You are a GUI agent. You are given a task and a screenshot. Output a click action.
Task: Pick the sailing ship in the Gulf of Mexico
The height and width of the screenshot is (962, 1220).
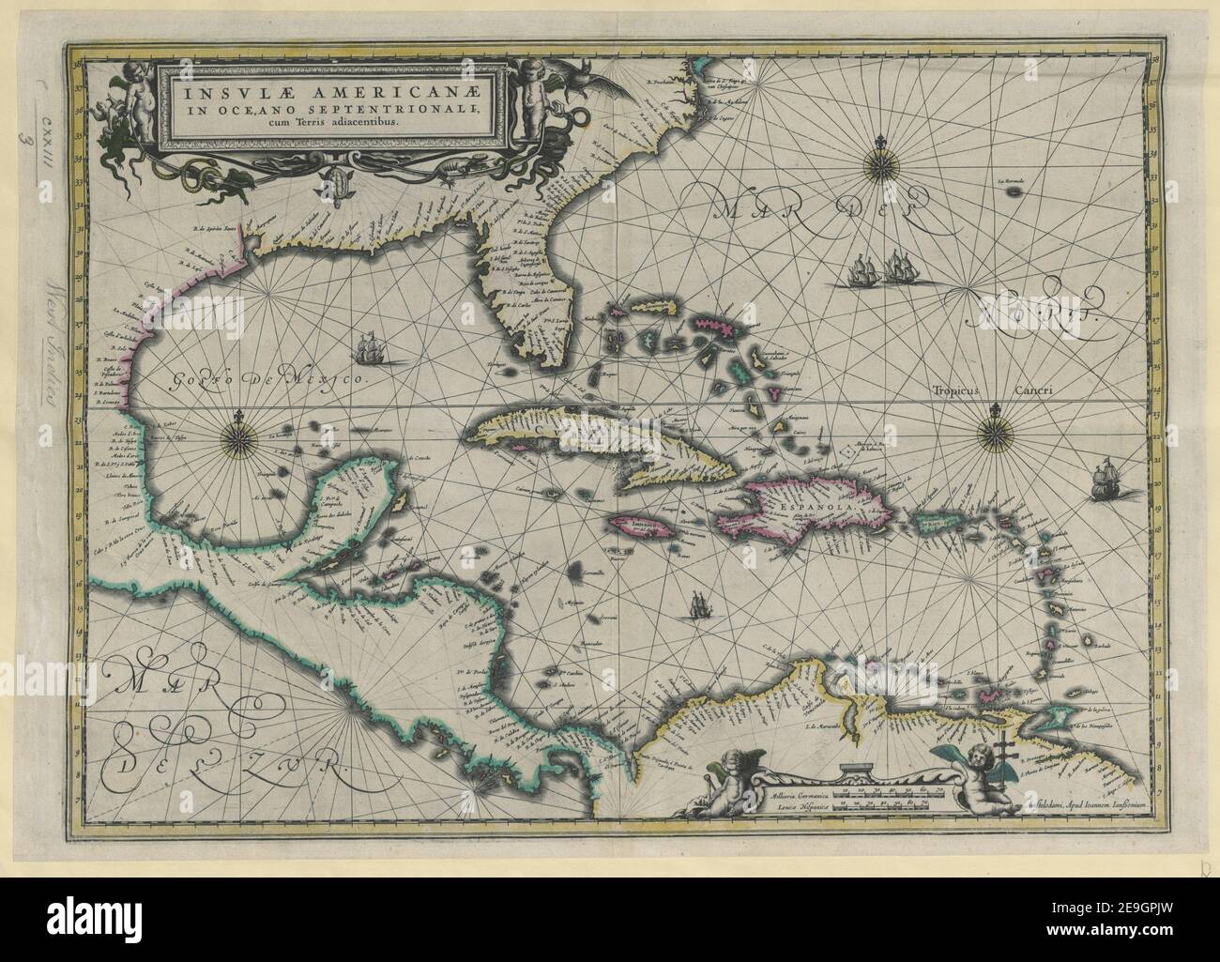(x=371, y=349)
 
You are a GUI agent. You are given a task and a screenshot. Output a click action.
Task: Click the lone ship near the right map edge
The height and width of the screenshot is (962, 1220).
(x=1106, y=480)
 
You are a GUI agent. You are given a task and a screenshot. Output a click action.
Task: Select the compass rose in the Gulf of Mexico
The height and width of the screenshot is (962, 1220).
(x=240, y=436)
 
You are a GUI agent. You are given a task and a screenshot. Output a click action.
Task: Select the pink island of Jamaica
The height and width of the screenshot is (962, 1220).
(x=641, y=528)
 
